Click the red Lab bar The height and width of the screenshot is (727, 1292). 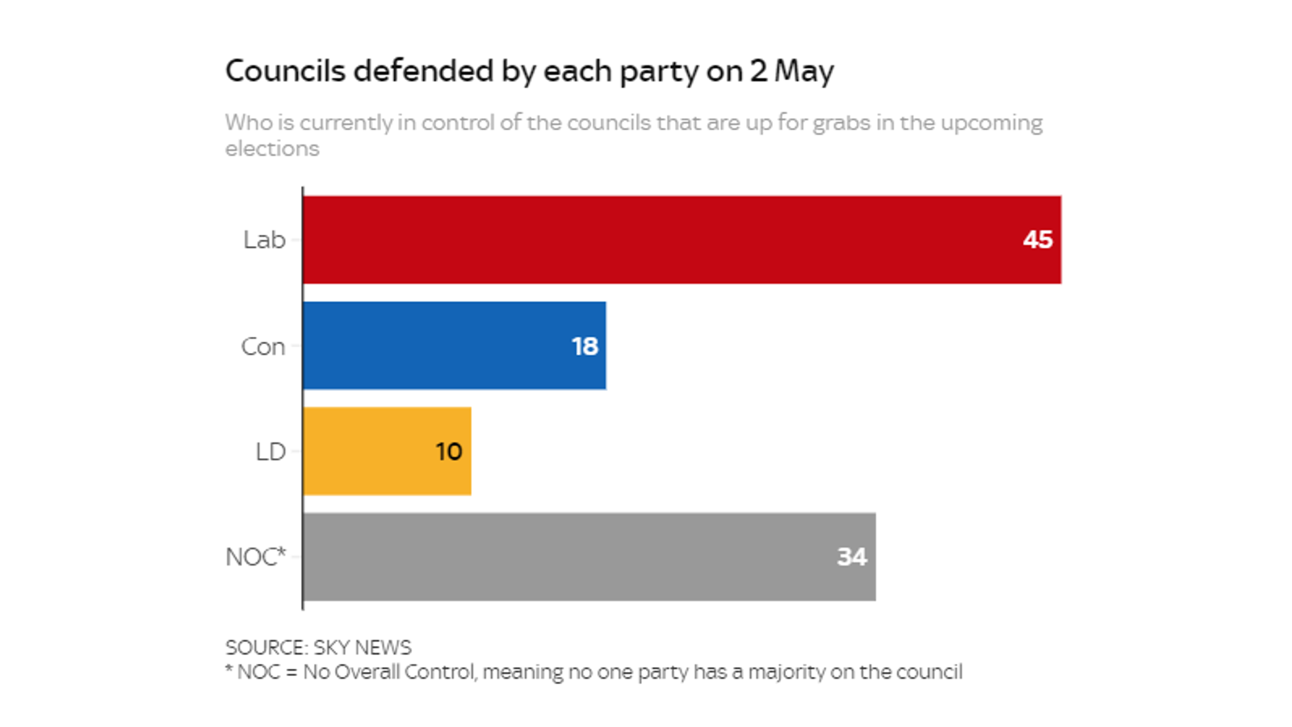pos(682,240)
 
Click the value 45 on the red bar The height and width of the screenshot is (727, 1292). pos(1037,240)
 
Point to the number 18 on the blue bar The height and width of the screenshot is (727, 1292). pos(585,347)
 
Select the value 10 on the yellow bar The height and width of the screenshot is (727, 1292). pos(449,452)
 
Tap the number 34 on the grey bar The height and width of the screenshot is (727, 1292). pos(851,557)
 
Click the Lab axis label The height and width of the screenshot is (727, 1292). pos(264,240)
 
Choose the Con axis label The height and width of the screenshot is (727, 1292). pos(263,347)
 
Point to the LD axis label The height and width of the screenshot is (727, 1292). pos(271,452)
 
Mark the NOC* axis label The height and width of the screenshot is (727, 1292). pos(255,557)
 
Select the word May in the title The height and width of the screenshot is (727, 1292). pos(803,71)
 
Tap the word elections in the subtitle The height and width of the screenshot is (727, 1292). pos(272,149)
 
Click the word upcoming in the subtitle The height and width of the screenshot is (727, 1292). pos(992,123)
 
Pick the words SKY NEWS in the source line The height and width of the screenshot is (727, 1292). pos(362,648)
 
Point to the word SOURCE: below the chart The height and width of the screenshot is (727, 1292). pos(266,648)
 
